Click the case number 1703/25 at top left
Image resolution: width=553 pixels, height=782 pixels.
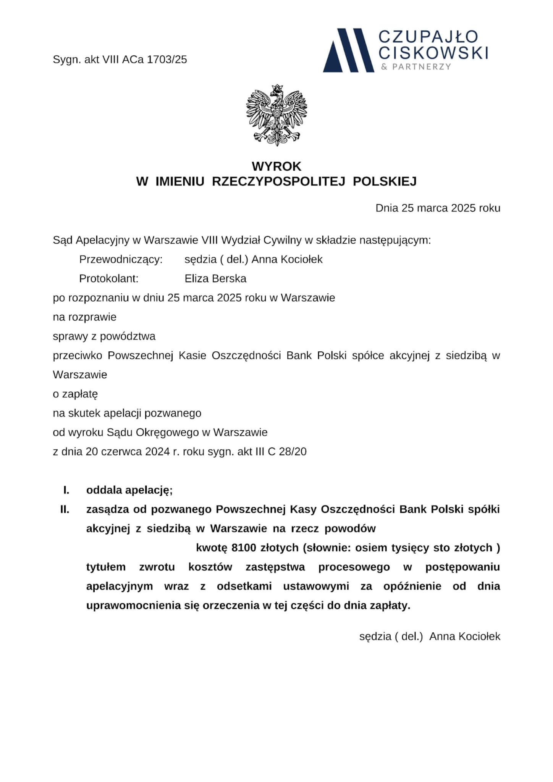pos(167,60)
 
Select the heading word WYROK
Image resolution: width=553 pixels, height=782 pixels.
pos(276,166)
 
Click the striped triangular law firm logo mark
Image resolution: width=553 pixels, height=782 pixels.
pos(348,50)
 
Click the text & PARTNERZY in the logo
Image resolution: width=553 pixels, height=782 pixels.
pos(416,67)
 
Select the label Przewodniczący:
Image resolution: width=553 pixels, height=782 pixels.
pos(121,260)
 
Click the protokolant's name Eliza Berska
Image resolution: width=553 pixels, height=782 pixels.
pos(215,279)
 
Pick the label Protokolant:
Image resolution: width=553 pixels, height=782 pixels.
pos(108,279)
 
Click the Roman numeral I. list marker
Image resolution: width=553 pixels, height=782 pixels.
pos(66,490)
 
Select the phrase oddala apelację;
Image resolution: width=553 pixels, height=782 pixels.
pos(129,490)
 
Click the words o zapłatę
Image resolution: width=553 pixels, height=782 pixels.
pos(75,394)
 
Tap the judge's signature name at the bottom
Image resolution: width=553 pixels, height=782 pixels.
pos(464,637)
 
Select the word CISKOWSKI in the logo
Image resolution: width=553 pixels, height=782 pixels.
pos(433,53)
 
